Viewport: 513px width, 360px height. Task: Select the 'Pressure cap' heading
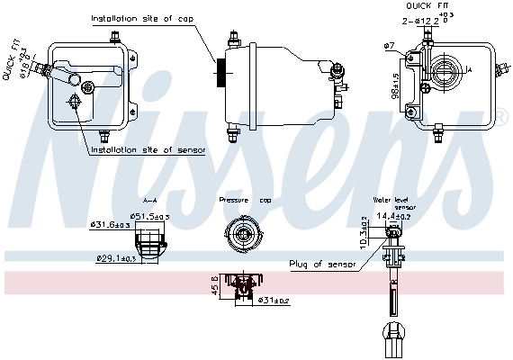(x=245, y=200)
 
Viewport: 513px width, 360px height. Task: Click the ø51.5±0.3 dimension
(x=152, y=217)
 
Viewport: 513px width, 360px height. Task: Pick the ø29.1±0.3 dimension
(x=117, y=259)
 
